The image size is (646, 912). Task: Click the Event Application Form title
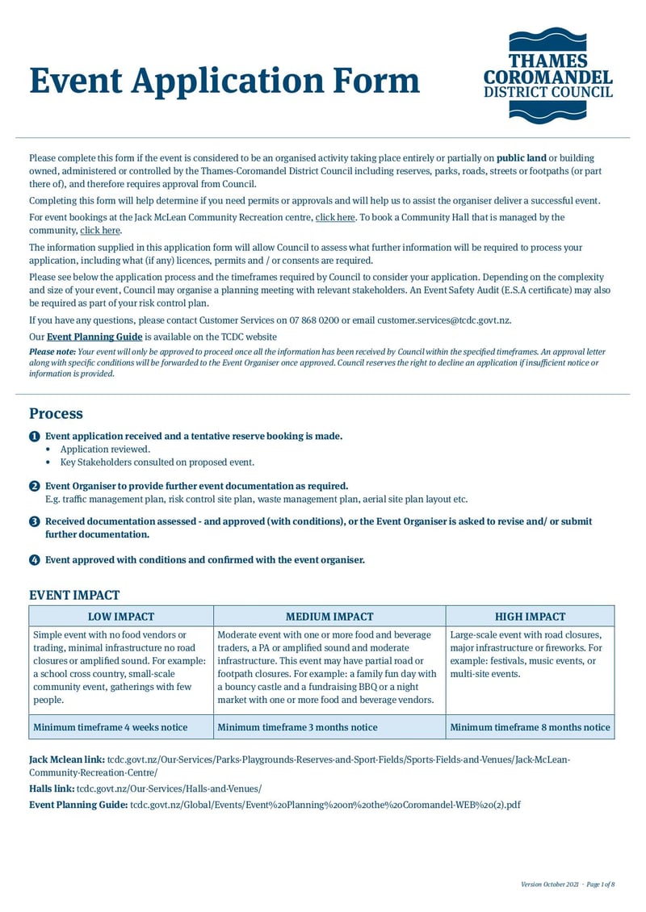(x=224, y=82)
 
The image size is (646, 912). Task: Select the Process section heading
(x=56, y=413)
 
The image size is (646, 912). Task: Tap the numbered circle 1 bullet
(x=34, y=436)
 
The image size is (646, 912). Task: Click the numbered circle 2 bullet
(x=34, y=486)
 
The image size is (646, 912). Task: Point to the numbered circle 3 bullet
(x=34, y=522)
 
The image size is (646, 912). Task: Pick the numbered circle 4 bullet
(x=34, y=559)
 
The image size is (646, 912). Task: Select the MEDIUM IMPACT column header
(x=329, y=616)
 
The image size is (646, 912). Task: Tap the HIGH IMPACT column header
(x=530, y=616)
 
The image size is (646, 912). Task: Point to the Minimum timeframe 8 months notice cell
(x=530, y=727)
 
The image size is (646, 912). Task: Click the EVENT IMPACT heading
(x=74, y=595)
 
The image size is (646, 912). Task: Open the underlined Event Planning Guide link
(x=94, y=337)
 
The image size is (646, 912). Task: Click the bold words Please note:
(x=52, y=352)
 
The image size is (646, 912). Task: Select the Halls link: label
(x=52, y=789)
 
